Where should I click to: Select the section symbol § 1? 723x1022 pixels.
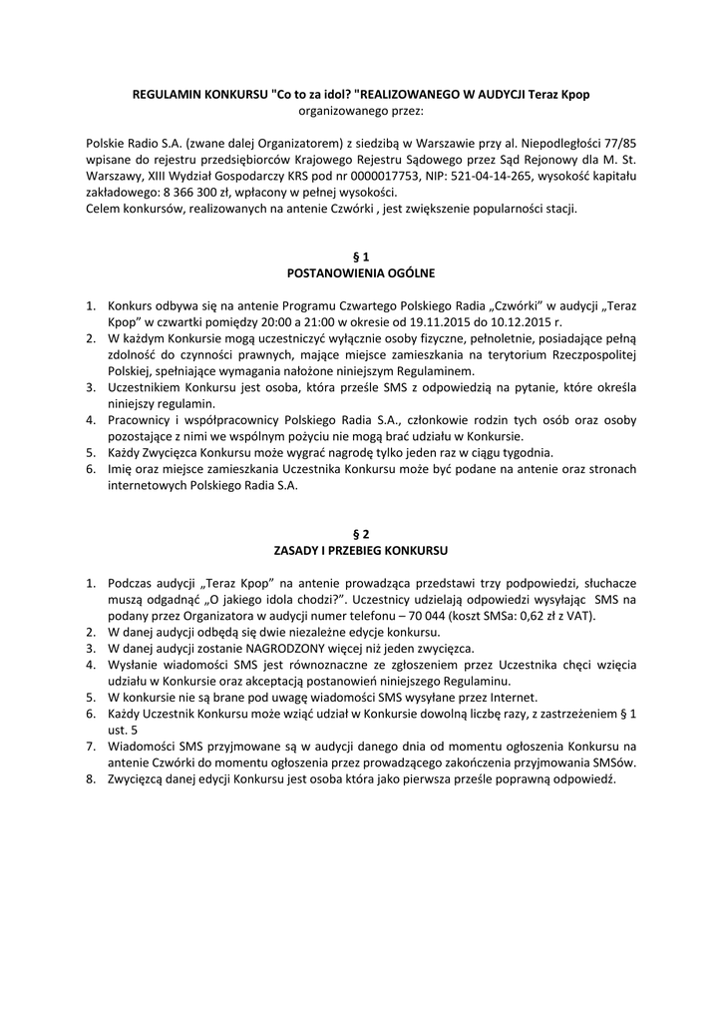pos(361,256)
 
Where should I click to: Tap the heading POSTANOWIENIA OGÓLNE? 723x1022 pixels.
pos(361,271)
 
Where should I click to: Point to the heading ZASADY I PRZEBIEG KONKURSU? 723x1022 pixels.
pos(361,550)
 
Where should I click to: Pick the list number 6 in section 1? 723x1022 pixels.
pos(89,469)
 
